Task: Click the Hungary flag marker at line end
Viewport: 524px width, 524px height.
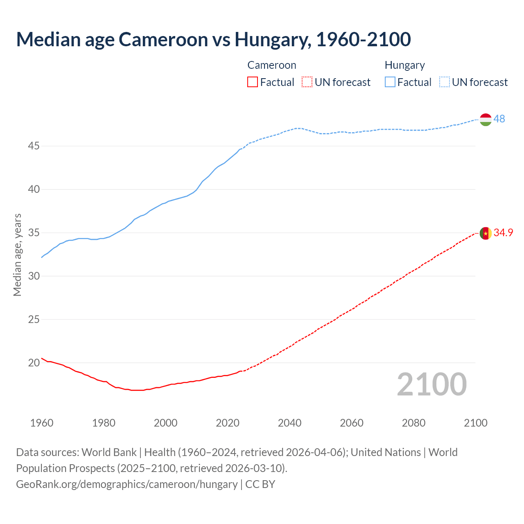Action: (x=486, y=120)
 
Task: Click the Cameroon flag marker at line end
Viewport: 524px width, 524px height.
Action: (x=486, y=233)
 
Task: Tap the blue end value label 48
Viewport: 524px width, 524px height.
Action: (x=499, y=119)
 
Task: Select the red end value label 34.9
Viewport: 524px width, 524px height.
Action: (x=503, y=233)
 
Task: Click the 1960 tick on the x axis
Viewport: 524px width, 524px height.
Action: (x=42, y=423)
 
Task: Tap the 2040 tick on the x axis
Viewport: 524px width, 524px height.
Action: (x=289, y=423)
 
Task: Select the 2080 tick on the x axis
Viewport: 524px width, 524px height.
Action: (x=413, y=423)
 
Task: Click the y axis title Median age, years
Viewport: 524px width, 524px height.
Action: (x=17, y=255)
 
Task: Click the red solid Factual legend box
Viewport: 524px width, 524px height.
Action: (x=253, y=82)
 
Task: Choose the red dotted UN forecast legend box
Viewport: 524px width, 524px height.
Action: (x=307, y=82)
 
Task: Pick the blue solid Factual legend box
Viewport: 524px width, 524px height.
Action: (x=390, y=82)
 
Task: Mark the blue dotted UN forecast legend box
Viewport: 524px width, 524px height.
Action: (x=444, y=82)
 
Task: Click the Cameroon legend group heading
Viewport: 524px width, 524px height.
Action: (x=271, y=65)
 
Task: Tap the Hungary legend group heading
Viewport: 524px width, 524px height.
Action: (x=404, y=65)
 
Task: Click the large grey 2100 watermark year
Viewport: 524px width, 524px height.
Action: (x=431, y=384)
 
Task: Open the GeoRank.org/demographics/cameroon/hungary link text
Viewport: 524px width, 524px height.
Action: (x=126, y=484)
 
